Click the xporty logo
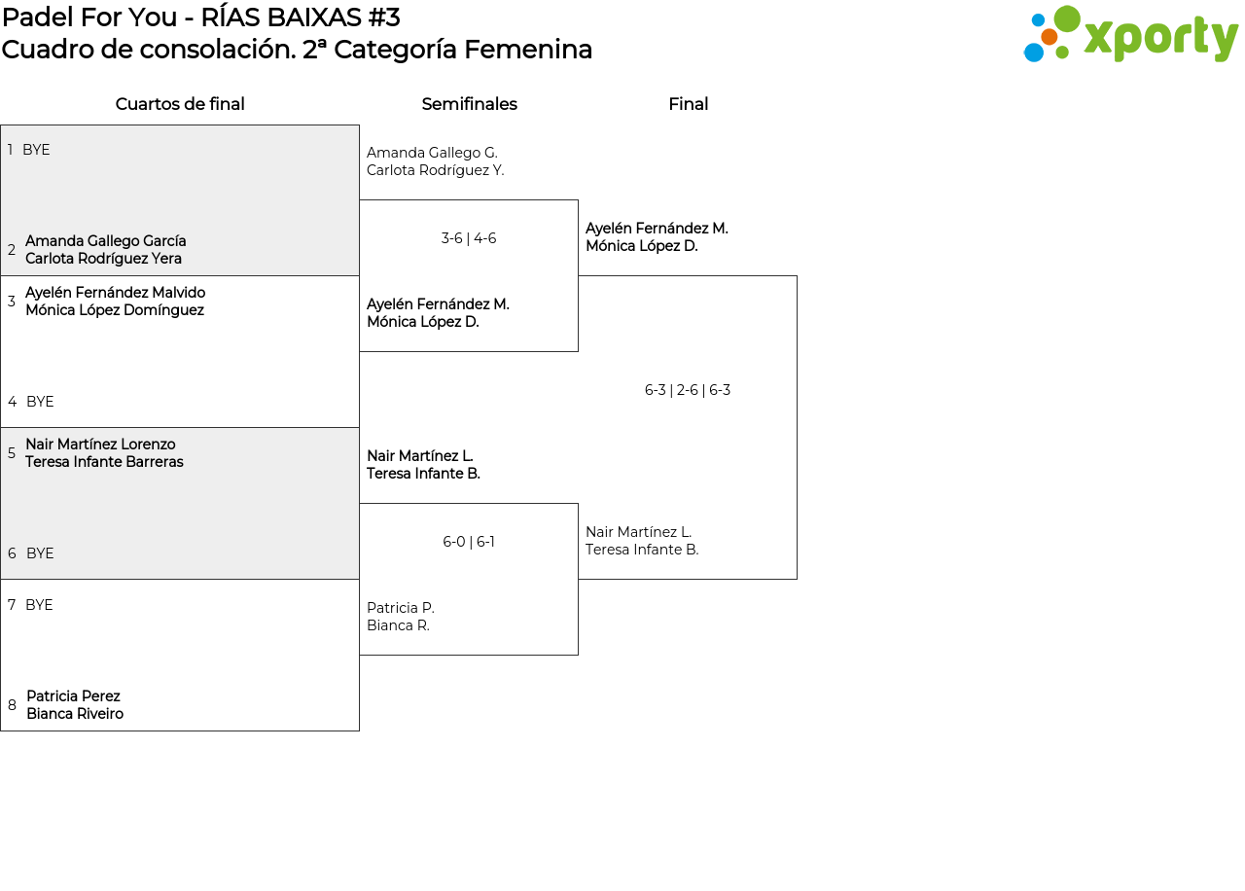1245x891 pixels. pos(1130,35)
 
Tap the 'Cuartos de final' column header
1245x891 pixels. pos(180,104)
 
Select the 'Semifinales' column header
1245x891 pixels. pos(469,104)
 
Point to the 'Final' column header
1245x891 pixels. pos(688,104)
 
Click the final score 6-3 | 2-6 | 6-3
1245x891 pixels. pos(687,390)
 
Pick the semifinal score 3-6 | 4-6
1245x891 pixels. pos(469,238)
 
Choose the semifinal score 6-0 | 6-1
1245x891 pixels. pos(469,542)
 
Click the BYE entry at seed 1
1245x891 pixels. pos(36,150)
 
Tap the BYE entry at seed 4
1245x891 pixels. pos(40,402)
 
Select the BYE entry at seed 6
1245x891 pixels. pos(40,553)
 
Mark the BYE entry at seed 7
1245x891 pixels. pos(39,605)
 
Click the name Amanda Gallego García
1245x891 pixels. pos(106,241)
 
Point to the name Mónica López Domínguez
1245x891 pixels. pos(115,310)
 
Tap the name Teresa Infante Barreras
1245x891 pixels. pos(104,462)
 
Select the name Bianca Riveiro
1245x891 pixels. pos(75,714)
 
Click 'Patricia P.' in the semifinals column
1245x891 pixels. pos(401,608)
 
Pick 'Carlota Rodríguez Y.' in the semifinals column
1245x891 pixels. pos(435,170)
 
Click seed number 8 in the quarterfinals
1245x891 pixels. pos(12,705)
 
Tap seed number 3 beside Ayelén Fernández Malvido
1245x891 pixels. pos(12,302)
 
